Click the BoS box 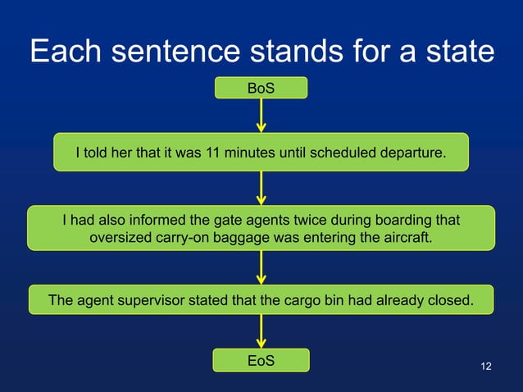pos(261,88)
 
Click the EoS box pos(261,360)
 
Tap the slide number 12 pos(486,365)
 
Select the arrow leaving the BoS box pos(261,115)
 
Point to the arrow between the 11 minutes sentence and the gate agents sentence pos(261,188)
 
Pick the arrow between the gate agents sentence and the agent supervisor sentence pos(261,267)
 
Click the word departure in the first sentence pos(414,153)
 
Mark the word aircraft pos(402,238)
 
